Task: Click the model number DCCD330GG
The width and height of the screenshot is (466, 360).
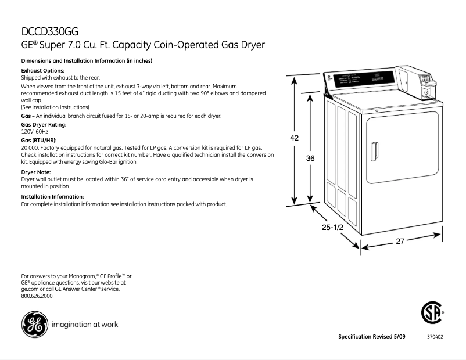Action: [49, 31]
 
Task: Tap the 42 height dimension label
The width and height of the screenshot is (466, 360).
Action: [295, 138]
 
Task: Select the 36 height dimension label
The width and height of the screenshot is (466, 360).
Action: [310, 158]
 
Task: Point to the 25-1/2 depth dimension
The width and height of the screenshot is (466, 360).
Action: [333, 228]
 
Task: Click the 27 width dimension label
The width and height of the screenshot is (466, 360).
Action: [400, 241]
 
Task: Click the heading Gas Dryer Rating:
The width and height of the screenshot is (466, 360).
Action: [44, 125]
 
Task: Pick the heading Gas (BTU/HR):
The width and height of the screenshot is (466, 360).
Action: [38, 141]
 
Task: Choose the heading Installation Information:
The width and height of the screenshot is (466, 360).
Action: [52, 196]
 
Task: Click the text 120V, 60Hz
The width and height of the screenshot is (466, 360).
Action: [35, 132]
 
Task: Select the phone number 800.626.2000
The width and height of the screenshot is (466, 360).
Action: [37, 296]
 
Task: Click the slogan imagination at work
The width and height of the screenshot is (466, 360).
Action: [85, 325]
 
